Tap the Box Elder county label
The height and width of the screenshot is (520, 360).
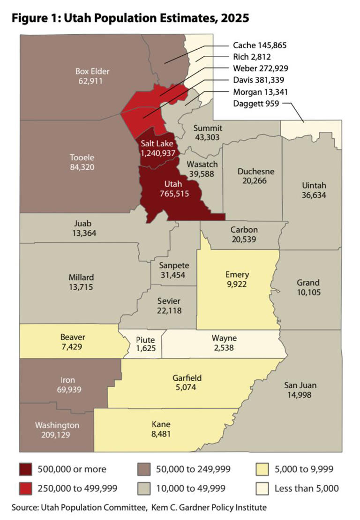[x=92, y=72]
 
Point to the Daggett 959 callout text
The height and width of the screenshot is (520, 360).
[x=255, y=104]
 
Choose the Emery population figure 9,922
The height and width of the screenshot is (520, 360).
[x=237, y=284]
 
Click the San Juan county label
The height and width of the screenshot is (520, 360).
[x=300, y=385]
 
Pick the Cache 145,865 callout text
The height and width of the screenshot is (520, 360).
[x=259, y=46]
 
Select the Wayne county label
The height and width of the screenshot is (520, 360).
[x=224, y=339]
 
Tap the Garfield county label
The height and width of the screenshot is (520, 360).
[x=183, y=378]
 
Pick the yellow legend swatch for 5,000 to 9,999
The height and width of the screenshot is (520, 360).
[x=265, y=469]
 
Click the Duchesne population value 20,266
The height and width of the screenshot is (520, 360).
[x=255, y=181]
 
